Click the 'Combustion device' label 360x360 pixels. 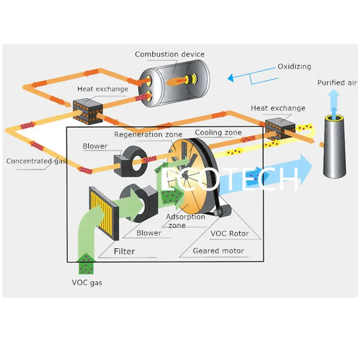(x=169, y=54)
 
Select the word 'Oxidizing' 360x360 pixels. (x=294, y=67)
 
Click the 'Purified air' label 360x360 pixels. (x=337, y=83)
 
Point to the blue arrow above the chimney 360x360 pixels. (x=333, y=102)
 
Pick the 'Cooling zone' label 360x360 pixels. (x=218, y=132)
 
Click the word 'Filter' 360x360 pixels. (x=124, y=251)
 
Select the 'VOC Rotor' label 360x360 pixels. (x=230, y=233)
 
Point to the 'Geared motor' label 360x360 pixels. (x=218, y=251)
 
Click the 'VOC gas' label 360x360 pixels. (x=87, y=283)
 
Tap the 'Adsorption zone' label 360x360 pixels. (x=185, y=221)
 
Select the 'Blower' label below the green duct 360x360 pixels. (x=149, y=233)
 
